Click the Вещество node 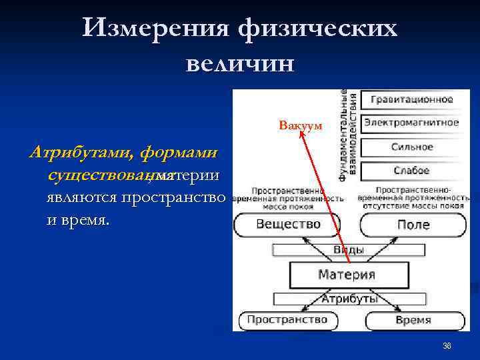287,224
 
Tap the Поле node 413,225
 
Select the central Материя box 346,274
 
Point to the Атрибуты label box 349,298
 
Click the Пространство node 287,320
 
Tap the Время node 413,320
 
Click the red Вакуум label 300,125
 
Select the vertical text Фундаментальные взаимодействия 347,135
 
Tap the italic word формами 178,153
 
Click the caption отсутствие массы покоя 413,205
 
